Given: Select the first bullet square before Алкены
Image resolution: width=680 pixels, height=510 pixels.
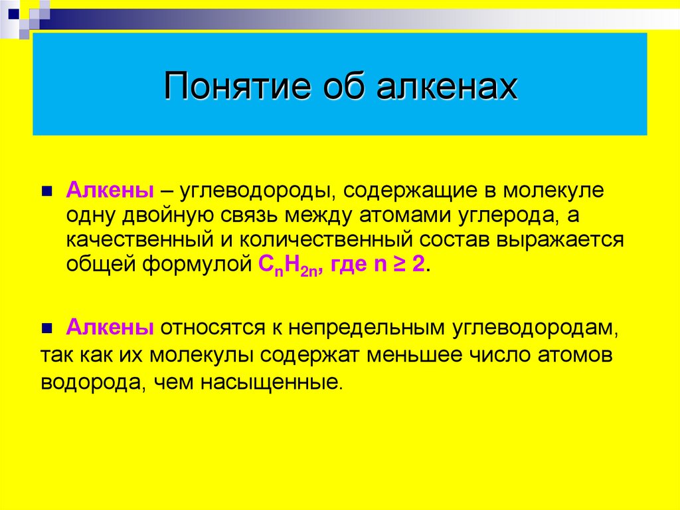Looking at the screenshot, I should pos(46,191).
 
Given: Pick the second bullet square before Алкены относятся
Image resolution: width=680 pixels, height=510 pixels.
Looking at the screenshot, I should pos(46,328).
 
